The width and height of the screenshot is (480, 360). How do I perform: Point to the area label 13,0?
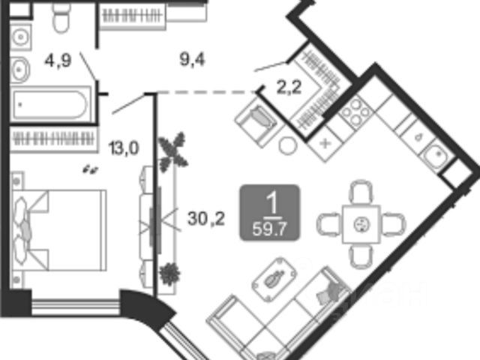click(123, 148)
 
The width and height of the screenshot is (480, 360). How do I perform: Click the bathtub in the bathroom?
click(51, 103)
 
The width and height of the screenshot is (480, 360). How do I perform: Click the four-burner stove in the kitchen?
click(355, 114)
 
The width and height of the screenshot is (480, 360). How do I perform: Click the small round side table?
click(286, 146)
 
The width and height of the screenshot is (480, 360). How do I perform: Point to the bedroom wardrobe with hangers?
click(53, 139)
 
